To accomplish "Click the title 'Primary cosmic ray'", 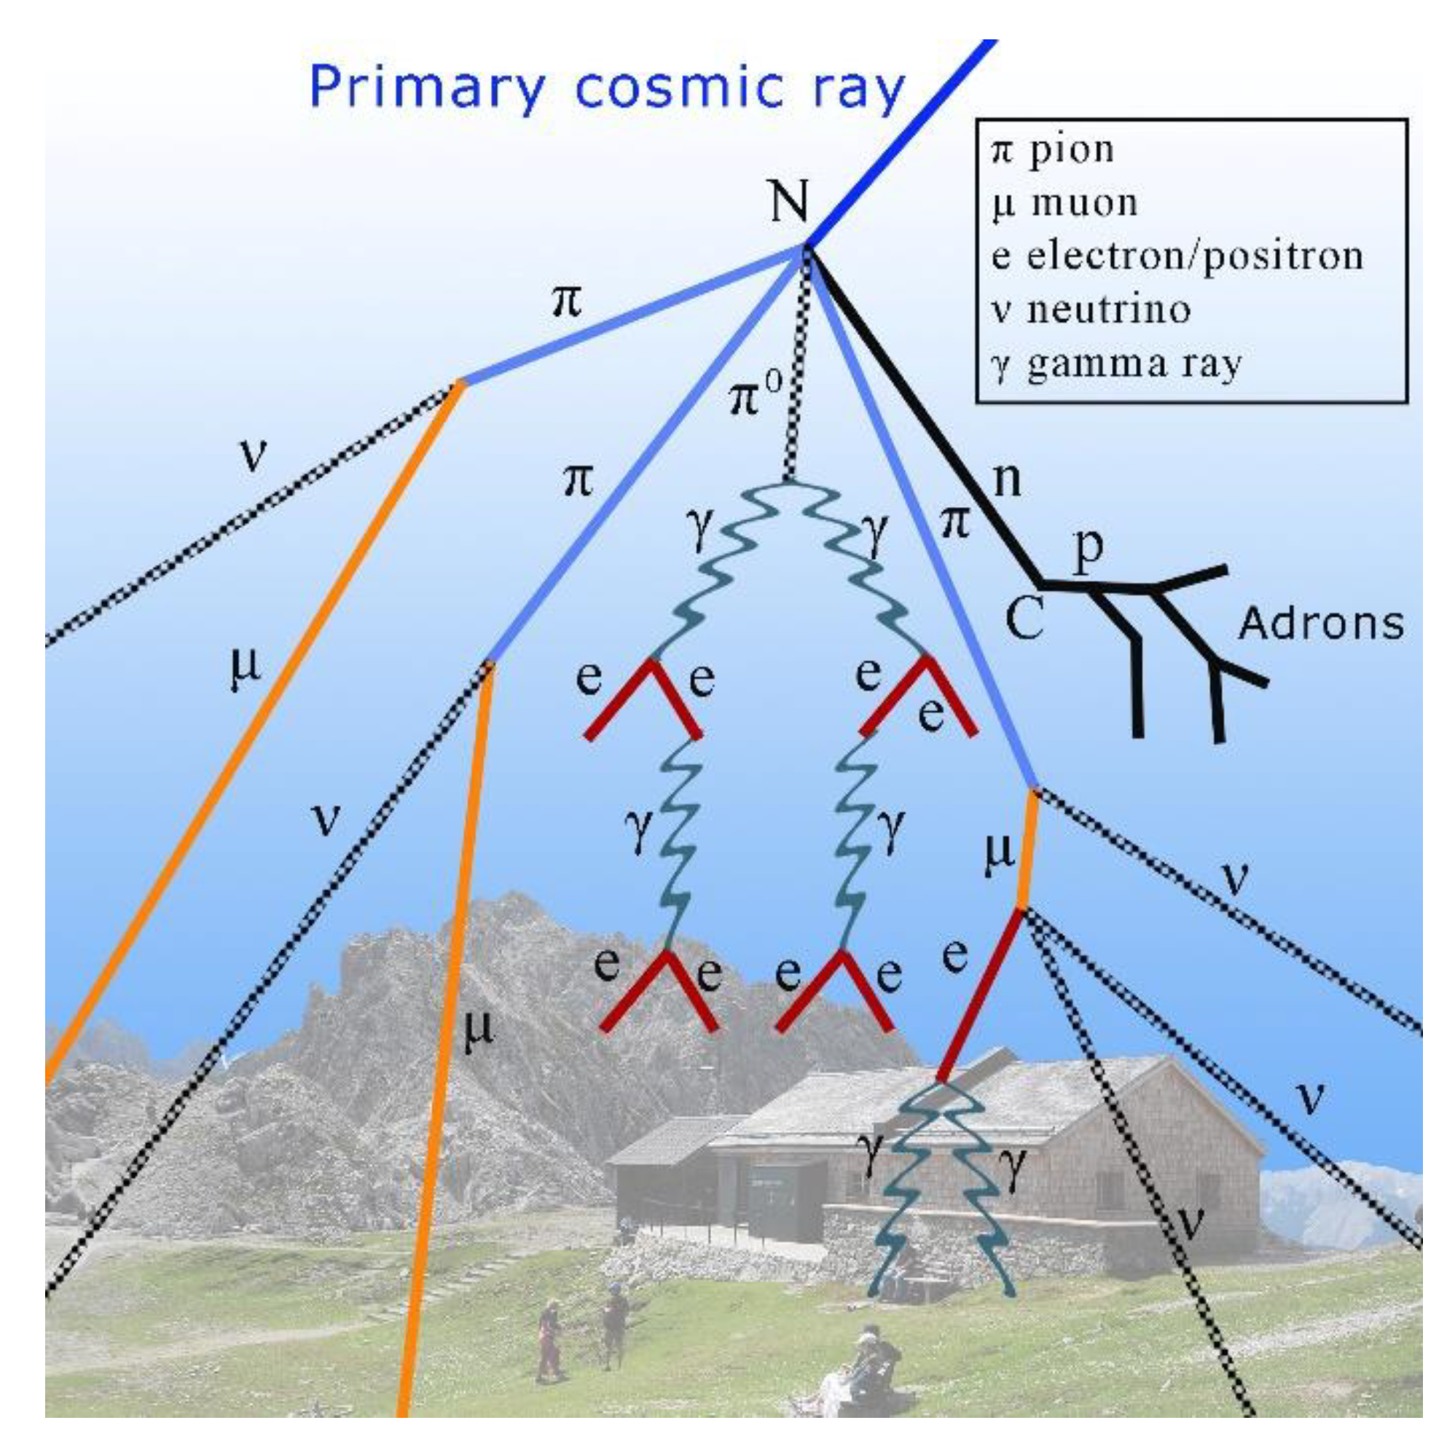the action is tap(607, 88).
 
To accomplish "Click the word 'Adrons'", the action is tap(1320, 623).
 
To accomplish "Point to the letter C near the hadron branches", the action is tap(1024, 618).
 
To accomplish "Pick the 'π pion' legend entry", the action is tap(1052, 150).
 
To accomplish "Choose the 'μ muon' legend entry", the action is tap(1064, 203).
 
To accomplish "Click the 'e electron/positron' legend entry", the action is tap(1176, 256).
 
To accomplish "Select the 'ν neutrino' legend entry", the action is tap(1091, 310).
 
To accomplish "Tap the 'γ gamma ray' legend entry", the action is tap(1116, 364).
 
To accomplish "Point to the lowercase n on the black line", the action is tap(1008, 479).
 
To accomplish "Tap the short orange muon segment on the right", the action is tap(1027, 850).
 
